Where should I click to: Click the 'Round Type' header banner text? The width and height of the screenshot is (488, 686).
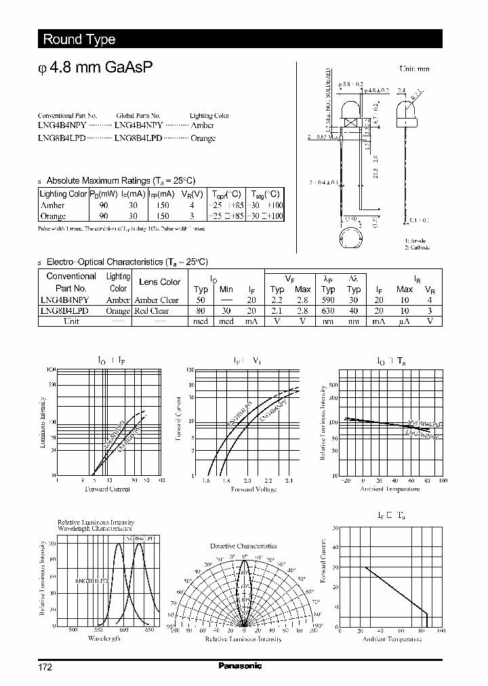pos(79,39)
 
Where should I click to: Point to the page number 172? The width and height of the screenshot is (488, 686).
pos(44,666)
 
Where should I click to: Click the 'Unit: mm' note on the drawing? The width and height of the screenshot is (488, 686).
pos(414,69)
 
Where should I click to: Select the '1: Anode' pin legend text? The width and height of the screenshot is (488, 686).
pos(415,241)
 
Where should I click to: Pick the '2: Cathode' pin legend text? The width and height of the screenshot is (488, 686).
pos(418,247)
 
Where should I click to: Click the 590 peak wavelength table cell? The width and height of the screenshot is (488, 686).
pos(329,300)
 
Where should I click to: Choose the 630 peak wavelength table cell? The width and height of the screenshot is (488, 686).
pos(329,310)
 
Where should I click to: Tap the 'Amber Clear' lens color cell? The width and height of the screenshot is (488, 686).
pos(157,300)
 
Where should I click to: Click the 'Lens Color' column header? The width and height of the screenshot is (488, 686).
pos(159,282)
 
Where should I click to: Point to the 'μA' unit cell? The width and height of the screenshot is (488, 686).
pos(404,321)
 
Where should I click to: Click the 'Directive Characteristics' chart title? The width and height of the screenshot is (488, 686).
pos(243,546)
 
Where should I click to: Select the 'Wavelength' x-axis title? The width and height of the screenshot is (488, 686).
pos(104,639)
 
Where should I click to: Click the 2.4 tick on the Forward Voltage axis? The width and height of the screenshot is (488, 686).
pos(289,480)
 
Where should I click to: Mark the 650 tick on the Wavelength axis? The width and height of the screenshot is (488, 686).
pos(149,630)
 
